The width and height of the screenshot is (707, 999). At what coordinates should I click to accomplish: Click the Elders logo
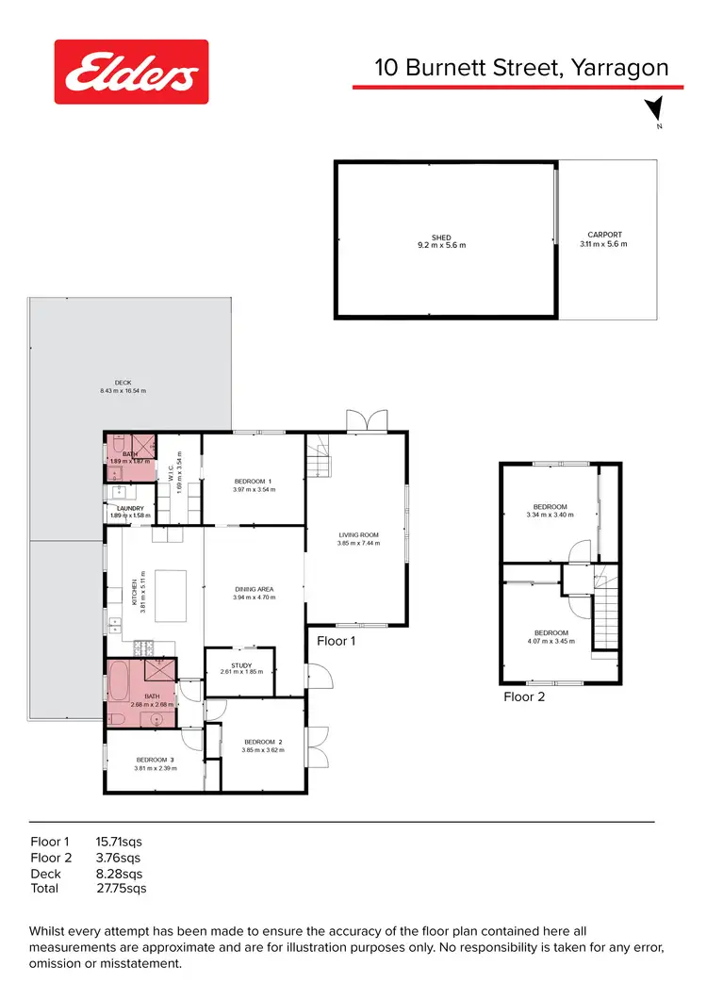[131, 72]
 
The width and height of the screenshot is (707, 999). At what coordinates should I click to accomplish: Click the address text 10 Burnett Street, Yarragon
[521, 68]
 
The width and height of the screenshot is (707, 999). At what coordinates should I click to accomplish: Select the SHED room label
[441, 241]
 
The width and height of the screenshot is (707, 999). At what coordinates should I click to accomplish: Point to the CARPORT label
[604, 239]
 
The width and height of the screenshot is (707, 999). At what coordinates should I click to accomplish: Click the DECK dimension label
[123, 386]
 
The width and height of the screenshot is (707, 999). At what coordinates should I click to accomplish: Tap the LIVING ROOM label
[357, 540]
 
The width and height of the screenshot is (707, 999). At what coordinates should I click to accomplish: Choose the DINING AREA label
[254, 593]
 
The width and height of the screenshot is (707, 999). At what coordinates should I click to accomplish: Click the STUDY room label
[241, 668]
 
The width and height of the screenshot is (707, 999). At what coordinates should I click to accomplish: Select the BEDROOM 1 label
[253, 484]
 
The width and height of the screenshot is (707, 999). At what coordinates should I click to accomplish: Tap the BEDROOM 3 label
[154, 763]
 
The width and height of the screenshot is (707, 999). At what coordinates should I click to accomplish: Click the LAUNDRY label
[129, 512]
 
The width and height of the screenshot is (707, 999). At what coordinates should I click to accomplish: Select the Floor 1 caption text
[337, 642]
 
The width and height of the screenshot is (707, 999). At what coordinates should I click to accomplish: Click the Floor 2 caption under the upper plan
[524, 697]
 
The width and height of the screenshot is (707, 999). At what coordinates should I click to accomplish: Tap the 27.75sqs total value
[121, 888]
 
